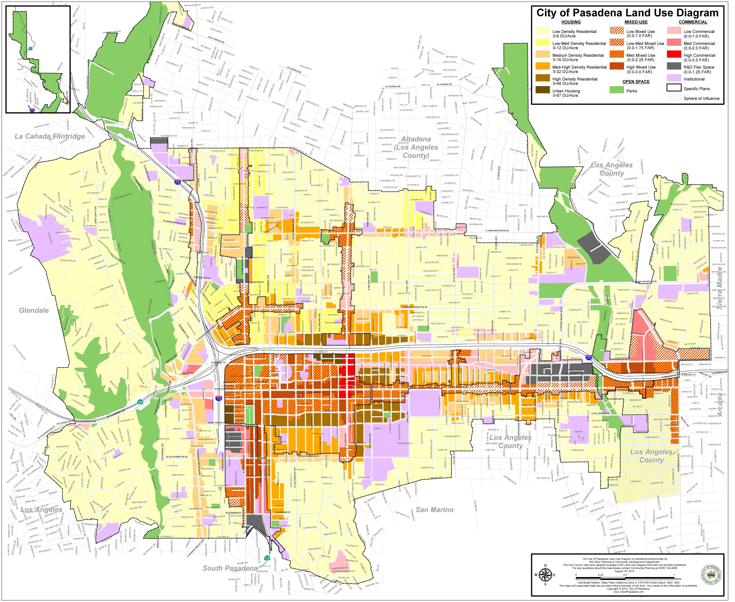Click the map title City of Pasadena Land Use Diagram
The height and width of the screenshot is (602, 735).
click(x=627, y=13)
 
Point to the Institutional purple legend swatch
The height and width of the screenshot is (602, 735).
click(x=674, y=78)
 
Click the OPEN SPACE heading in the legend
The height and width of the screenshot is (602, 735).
click(x=636, y=82)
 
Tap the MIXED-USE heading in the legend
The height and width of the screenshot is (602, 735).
click(x=636, y=22)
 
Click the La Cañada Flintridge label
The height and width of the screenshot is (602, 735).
click(x=50, y=137)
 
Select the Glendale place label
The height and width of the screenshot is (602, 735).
click(x=34, y=311)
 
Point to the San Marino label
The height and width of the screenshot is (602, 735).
click(x=434, y=510)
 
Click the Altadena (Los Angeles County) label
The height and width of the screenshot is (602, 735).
click(x=416, y=147)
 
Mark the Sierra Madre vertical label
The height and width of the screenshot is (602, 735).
click(x=719, y=288)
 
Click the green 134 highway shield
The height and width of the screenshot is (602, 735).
click(x=140, y=402)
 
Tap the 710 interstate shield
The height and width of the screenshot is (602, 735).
click(x=218, y=398)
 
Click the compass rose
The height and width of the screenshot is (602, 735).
click(x=545, y=575)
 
